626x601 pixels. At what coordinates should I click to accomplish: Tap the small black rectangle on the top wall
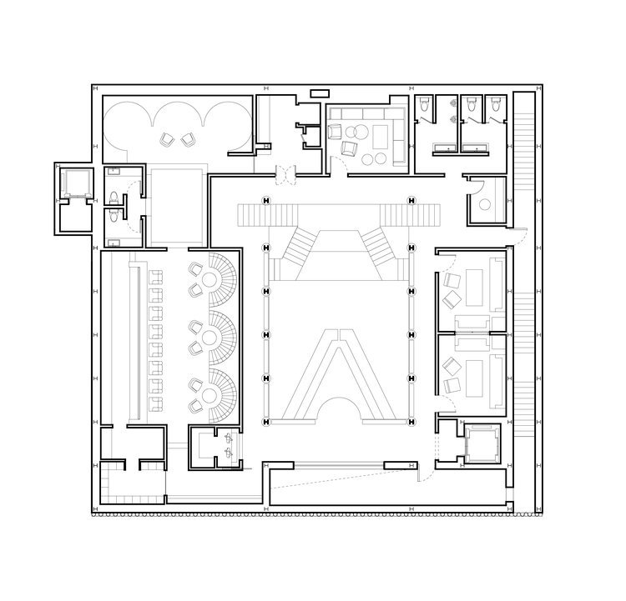pyautogui.click(x=319, y=93)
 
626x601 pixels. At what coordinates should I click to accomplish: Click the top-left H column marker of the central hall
pyautogui.click(x=266, y=199)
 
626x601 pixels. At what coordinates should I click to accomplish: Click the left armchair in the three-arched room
pyautogui.click(x=165, y=139)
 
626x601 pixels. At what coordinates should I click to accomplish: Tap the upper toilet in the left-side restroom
pyautogui.click(x=114, y=198)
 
